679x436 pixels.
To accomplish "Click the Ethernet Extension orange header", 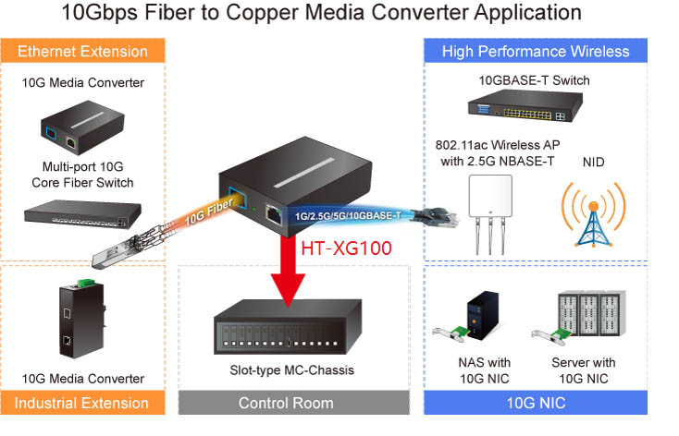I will pyautogui.click(x=83, y=51).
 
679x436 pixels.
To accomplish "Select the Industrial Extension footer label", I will pyautogui.click(x=82, y=403).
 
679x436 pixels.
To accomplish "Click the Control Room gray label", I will pyautogui.click(x=292, y=403).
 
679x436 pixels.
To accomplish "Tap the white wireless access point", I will pyautogui.click(x=490, y=209).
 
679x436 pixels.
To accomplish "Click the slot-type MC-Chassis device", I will pyautogui.click(x=291, y=330).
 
